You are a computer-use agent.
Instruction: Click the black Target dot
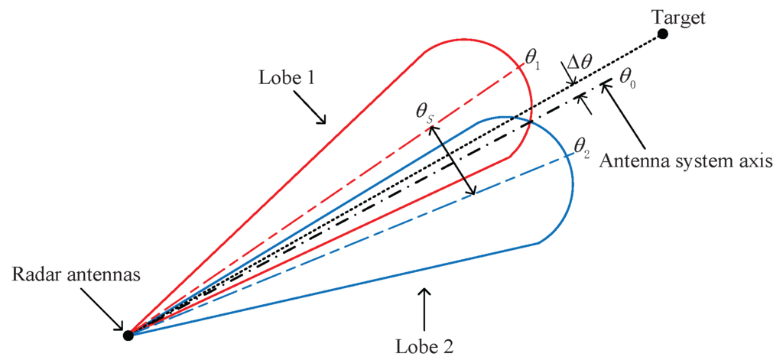tap(663, 34)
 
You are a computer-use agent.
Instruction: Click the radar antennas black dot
tap(128, 334)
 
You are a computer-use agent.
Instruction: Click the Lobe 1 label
tap(288, 79)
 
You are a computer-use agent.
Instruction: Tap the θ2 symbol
tap(582, 144)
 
